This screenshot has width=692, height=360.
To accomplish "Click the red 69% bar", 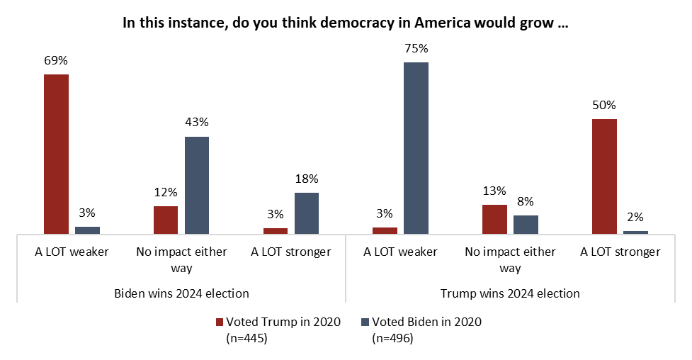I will click(56, 154).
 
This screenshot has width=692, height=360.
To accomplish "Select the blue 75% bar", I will click(416, 147).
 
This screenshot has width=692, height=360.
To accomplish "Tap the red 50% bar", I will click(604, 176).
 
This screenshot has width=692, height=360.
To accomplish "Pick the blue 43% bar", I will click(197, 185).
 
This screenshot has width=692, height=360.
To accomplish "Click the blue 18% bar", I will click(307, 213).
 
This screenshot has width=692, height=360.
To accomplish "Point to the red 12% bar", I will click(166, 220).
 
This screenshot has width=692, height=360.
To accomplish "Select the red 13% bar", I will click(494, 219).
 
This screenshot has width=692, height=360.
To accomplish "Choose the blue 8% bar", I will click(526, 224).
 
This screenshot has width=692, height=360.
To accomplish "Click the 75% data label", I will click(416, 49).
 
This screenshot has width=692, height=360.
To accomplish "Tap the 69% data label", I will click(56, 61).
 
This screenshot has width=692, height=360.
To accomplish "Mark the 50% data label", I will click(604, 106).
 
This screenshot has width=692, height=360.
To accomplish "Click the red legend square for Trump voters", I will click(219, 322).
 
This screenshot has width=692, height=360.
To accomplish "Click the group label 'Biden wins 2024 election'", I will click(181, 293).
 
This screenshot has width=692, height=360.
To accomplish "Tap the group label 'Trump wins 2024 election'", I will click(510, 293).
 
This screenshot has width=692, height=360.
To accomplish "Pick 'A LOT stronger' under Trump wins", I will click(620, 252).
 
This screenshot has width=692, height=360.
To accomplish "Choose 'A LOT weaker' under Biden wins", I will click(72, 252).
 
